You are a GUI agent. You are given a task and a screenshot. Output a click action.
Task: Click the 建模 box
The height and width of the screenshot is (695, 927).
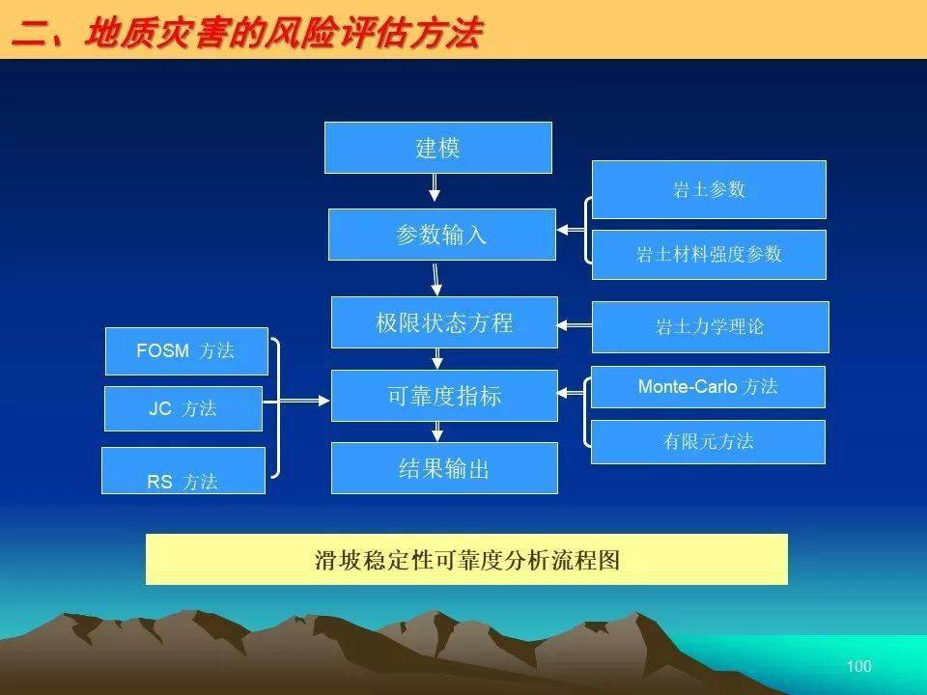point(438,148)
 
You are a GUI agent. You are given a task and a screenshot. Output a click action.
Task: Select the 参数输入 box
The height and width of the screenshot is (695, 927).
point(441,235)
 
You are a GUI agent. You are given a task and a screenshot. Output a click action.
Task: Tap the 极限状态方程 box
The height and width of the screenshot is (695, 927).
point(444,322)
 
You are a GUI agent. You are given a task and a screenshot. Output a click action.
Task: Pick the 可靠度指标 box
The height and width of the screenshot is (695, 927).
point(444,396)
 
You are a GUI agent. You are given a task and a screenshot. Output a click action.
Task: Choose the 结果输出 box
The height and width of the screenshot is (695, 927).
point(444,468)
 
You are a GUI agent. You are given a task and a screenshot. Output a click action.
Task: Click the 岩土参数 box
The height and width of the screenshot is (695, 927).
point(709,190)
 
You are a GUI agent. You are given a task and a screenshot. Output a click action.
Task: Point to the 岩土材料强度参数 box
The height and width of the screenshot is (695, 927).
point(709,255)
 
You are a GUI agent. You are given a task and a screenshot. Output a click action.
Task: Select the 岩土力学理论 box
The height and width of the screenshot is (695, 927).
point(710,327)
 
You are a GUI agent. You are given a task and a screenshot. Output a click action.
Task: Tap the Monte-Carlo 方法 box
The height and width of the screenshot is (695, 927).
point(708,387)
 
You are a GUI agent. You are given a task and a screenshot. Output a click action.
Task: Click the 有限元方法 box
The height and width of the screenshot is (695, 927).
point(708,442)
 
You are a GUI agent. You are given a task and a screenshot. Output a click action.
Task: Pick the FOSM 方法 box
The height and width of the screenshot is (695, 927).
point(186,351)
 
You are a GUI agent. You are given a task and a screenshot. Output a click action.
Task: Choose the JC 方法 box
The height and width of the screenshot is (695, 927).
point(183,409)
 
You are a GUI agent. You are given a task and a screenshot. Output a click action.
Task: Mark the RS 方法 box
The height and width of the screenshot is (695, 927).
point(183,470)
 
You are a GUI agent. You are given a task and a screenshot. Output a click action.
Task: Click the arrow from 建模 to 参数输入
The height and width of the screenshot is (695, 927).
point(435,187)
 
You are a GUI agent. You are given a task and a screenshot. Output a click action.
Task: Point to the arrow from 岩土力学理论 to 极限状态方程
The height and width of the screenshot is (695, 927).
point(574,325)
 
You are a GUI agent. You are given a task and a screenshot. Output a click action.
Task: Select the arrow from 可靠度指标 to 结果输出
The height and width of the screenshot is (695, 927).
point(437,432)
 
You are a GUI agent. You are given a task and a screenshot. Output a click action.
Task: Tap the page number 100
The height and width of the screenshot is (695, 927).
point(859,666)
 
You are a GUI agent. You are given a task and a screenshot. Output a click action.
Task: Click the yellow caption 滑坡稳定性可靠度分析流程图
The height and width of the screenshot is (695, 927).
point(466,560)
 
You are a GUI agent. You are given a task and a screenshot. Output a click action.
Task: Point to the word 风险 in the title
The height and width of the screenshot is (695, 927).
point(299,32)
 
